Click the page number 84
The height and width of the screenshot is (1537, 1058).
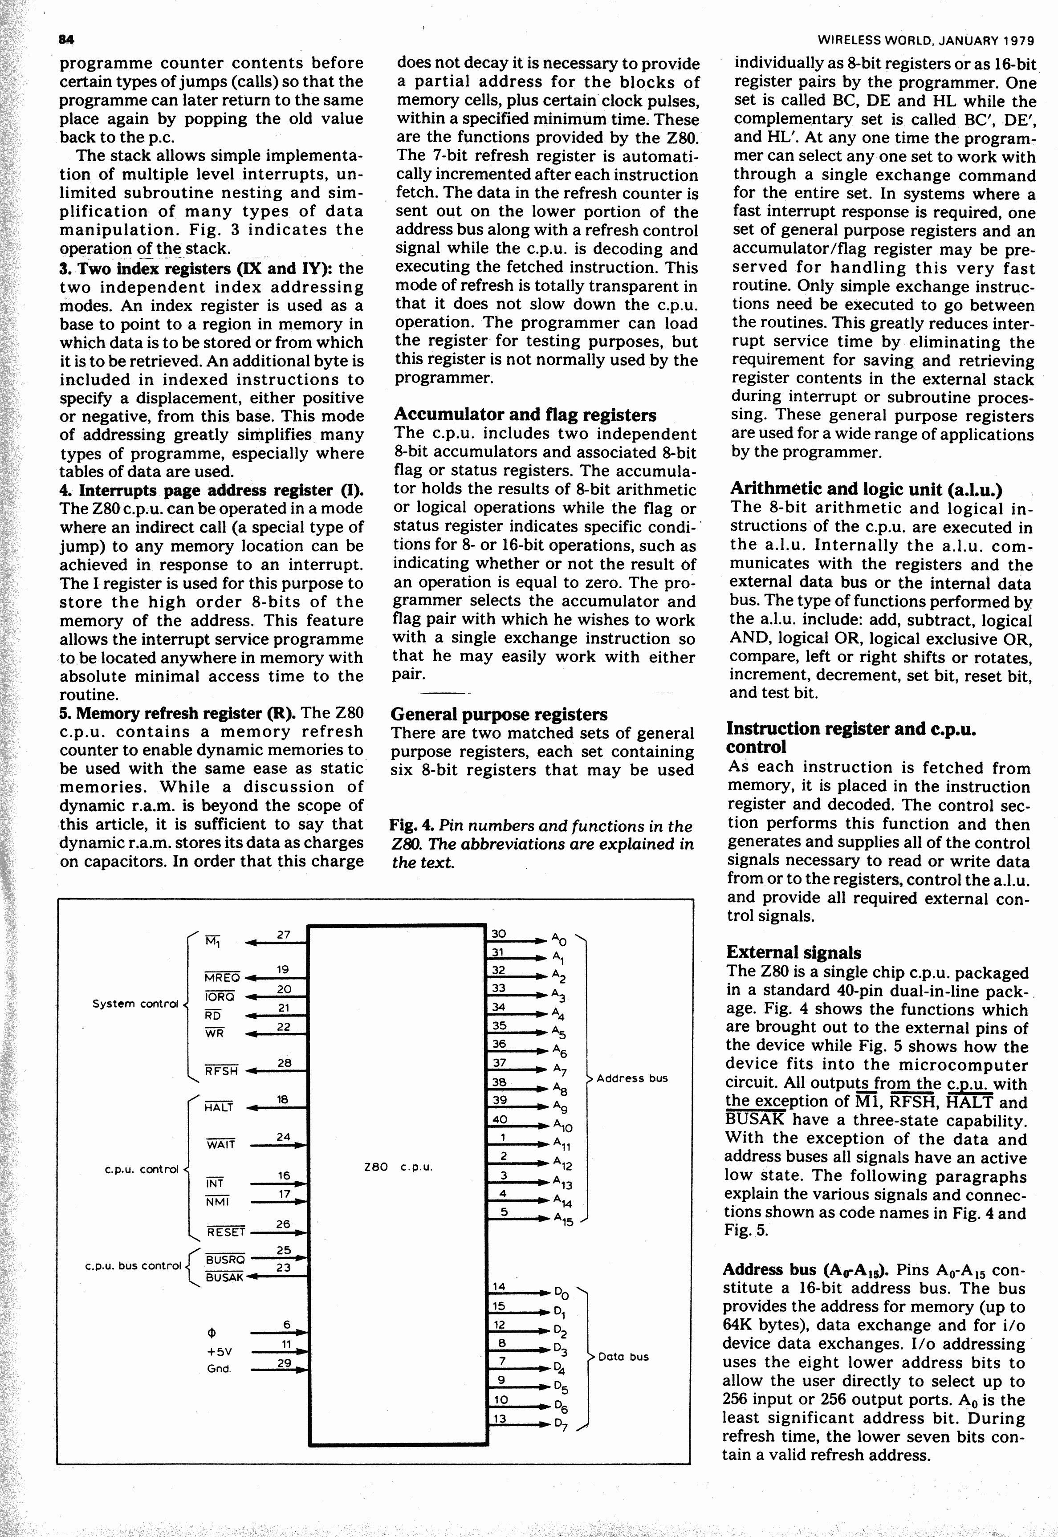click(66, 40)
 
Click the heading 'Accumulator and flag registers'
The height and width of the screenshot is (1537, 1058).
click(525, 415)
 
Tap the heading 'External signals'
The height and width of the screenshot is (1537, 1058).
click(793, 952)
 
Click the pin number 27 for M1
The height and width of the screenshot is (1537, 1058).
click(284, 935)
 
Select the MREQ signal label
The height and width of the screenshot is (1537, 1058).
click(222, 978)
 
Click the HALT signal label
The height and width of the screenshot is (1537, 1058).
click(219, 1107)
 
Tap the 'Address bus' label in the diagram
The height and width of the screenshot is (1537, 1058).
click(632, 1078)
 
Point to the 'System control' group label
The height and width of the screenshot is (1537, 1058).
click(136, 1004)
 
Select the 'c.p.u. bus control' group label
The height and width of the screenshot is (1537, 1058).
click(133, 1265)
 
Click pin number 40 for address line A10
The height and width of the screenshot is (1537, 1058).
click(499, 1119)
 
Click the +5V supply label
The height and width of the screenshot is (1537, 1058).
click(219, 1351)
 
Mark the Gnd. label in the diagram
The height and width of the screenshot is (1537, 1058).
click(219, 1369)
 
